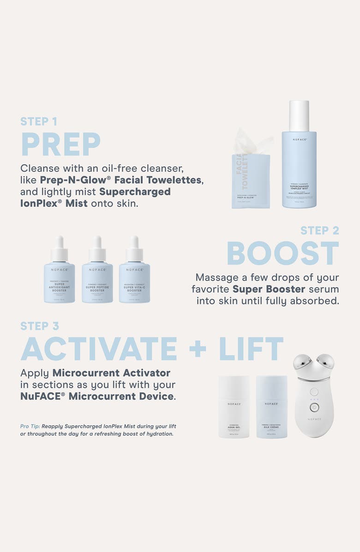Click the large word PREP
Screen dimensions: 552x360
point(60,144)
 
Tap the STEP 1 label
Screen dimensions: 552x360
point(39,121)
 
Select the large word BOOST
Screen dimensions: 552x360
point(282,253)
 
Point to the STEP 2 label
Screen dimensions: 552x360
point(319,230)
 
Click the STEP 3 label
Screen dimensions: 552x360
point(40,326)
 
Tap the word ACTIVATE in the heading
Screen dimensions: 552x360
point(98,349)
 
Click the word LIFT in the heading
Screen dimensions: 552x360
point(251,349)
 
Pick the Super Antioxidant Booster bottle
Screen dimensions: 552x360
point(60,277)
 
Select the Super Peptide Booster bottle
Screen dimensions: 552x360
point(97,277)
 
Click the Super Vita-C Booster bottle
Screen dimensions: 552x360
point(134,277)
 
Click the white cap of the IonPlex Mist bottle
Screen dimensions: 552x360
point(299,115)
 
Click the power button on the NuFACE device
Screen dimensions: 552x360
point(314,408)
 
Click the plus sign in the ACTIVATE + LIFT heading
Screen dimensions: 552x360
point(198,350)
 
